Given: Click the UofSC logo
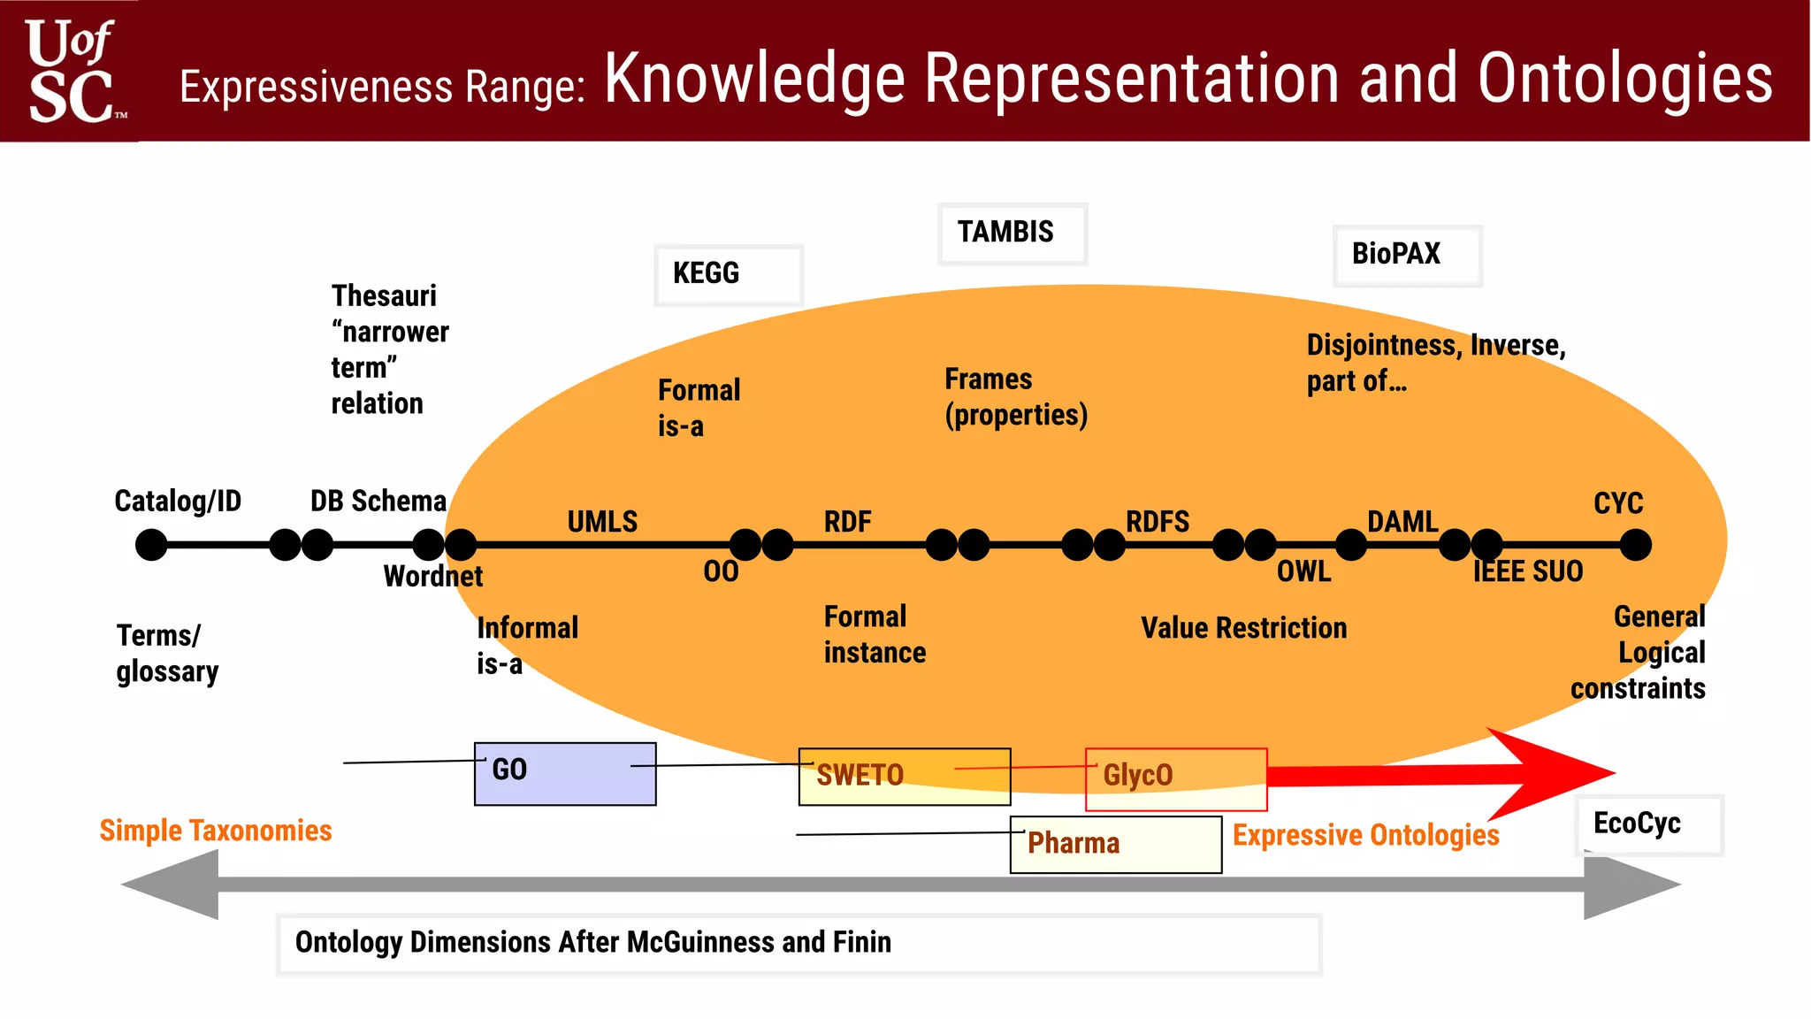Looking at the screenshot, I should coord(73,71).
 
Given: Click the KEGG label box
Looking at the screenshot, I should coord(728,275).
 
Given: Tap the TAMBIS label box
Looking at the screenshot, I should coord(1012,234).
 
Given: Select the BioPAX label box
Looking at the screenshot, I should coord(1406,256).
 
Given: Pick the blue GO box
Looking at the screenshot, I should coord(565,774).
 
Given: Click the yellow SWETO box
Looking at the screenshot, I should coord(904,777).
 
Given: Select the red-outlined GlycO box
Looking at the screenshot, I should coord(1175,778).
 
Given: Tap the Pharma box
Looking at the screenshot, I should coord(1115,845).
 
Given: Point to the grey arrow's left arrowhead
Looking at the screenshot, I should coord(172,884).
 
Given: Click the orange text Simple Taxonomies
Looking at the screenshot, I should coord(215,831).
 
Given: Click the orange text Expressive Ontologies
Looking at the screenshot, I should coord(1365,835).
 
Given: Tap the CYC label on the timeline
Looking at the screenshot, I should coord(1617,503).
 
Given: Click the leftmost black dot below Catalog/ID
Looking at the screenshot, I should coord(151,545).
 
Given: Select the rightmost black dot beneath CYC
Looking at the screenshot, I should coord(1635,545).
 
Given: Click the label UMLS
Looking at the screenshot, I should coord(601,522).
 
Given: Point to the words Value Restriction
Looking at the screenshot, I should coord(1243,628).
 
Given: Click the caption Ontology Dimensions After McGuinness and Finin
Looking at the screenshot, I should coord(592,943).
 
